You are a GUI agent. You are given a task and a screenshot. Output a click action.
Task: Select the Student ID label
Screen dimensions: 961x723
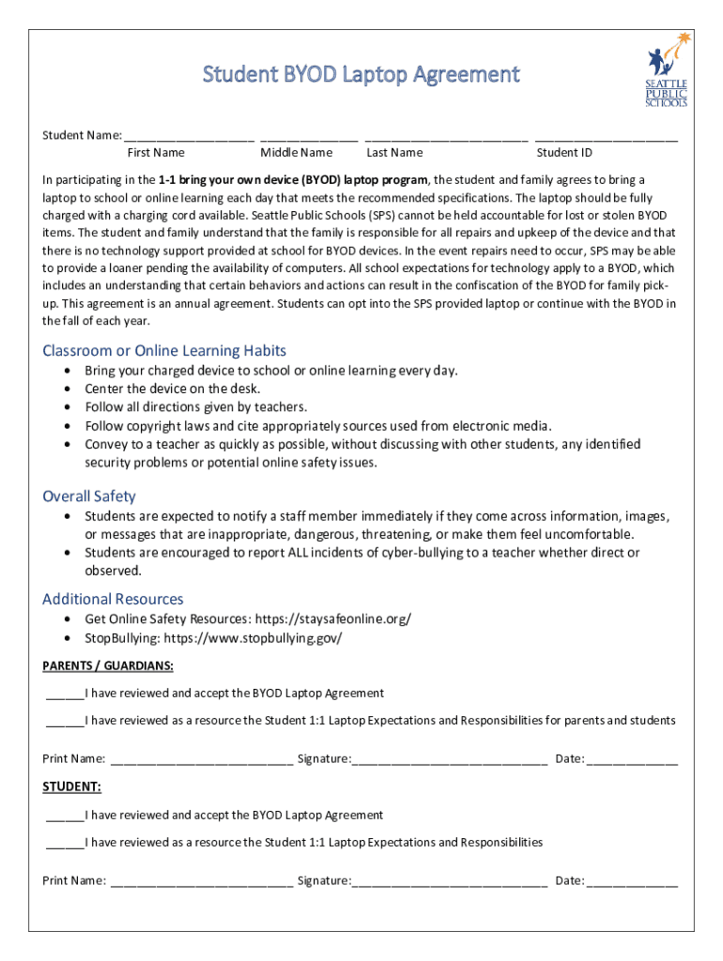tap(564, 153)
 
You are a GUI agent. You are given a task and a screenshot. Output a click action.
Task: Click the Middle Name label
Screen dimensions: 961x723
tap(297, 153)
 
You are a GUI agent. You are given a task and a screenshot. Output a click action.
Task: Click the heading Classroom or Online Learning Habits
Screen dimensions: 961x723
tap(164, 351)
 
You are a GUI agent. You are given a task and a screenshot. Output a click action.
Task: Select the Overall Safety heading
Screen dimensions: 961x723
tap(89, 496)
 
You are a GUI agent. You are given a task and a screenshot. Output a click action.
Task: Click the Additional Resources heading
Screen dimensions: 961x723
tap(113, 599)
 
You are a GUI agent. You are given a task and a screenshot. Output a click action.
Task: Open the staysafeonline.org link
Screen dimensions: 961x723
tap(337, 619)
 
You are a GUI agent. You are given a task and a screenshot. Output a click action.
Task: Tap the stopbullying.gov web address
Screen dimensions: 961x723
tap(254, 638)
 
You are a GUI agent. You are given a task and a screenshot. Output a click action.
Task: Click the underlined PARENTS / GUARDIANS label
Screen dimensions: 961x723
tap(108, 666)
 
